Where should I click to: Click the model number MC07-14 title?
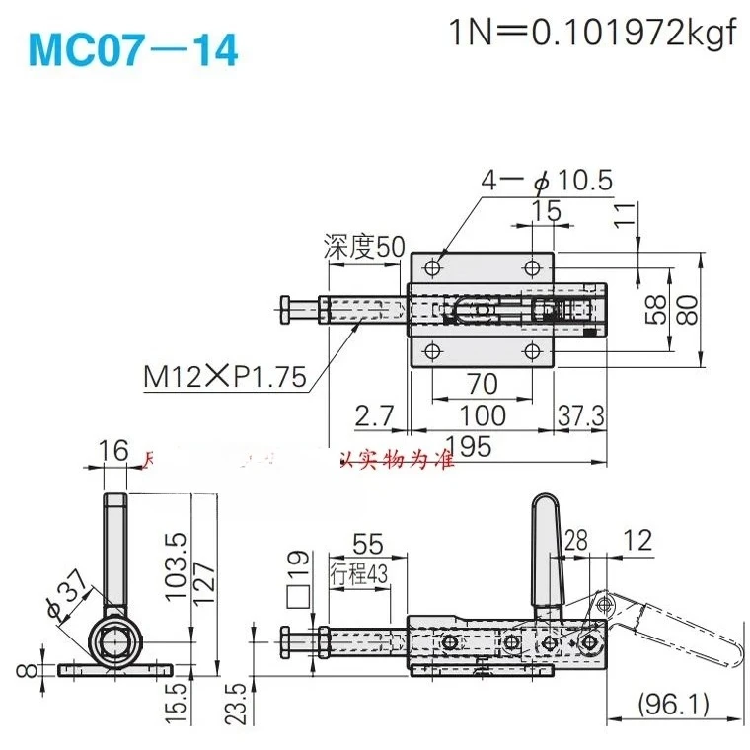134,50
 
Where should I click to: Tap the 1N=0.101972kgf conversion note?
593,34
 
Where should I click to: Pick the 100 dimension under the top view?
483,415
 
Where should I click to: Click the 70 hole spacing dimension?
483,381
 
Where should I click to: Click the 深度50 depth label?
364,247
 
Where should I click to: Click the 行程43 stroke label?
363,574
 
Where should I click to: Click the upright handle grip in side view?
546,553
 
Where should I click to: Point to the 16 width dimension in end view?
114,451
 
